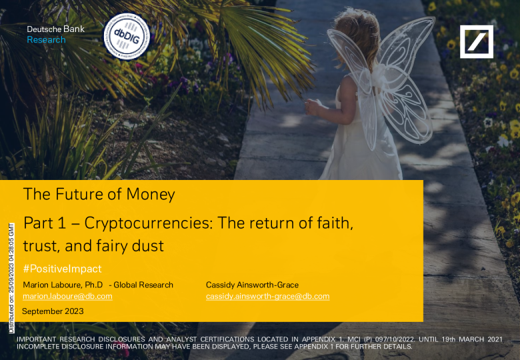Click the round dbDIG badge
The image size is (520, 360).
point(127,37)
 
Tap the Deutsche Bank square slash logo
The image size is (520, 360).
point(476,42)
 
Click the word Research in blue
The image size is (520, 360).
point(46,40)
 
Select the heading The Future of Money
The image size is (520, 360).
point(99,194)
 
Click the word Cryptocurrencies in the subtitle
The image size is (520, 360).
point(148,223)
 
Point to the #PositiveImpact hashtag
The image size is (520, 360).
point(63,269)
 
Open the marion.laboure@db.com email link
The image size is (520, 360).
point(67,296)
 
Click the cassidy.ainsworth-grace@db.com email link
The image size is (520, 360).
point(267,296)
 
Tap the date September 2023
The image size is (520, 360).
point(53,311)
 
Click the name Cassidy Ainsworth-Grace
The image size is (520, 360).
point(252,285)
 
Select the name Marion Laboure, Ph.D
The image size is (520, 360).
point(63,285)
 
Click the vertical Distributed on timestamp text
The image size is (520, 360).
point(11,278)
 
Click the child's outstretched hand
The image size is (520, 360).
point(312,107)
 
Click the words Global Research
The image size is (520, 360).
point(143,285)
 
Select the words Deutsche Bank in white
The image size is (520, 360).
point(56,29)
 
